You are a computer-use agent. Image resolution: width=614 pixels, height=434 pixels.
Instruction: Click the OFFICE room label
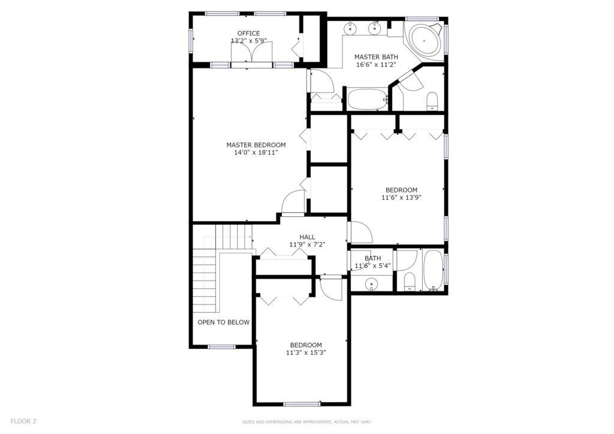[248, 33]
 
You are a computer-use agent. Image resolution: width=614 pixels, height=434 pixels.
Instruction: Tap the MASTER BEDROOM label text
[256, 145]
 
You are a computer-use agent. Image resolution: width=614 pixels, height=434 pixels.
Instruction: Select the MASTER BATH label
[376, 57]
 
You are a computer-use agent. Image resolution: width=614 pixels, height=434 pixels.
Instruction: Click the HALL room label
[308, 237]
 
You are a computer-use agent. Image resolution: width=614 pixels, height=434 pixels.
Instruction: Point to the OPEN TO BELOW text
[224, 323]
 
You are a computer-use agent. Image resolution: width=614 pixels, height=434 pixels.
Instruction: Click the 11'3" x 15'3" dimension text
[306, 352]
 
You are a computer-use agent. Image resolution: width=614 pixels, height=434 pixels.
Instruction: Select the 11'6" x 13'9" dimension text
[401, 198]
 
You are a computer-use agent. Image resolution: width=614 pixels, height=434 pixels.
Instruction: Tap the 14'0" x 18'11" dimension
[256, 153]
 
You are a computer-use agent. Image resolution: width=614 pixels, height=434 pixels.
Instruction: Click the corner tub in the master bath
[424, 41]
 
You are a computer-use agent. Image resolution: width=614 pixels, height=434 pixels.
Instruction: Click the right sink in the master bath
[375, 28]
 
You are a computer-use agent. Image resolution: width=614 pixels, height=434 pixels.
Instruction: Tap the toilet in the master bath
[432, 101]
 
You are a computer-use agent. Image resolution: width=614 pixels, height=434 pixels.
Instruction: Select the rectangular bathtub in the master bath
[367, 99]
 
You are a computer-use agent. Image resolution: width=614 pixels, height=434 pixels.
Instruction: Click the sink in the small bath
[371, 284]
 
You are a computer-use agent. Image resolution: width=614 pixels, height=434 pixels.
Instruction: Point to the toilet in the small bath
[409, 282]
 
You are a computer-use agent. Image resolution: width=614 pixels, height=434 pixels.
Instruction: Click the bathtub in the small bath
[433, 269]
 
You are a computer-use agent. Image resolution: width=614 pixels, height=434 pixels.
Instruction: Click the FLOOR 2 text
[23, 421]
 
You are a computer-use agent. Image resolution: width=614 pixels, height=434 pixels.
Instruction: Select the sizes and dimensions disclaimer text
[306, 422]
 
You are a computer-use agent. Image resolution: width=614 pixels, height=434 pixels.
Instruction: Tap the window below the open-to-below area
[222, 346]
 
